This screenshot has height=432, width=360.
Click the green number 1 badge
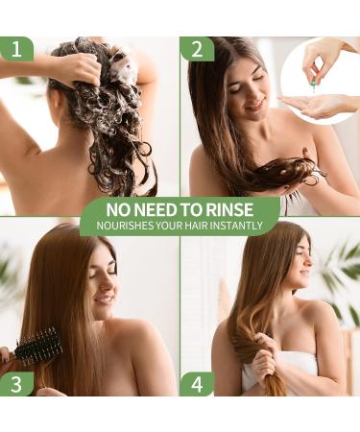click(x=16, y=49)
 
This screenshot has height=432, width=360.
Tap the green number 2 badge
click(x=196, y=49)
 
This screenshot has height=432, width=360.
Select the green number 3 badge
click(x=16, y=384)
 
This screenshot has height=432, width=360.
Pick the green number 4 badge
click(x=196, y=384)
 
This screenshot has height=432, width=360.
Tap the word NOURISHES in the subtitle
click(x=123, y=228)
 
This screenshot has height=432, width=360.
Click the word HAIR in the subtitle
click(x=196, y=228)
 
